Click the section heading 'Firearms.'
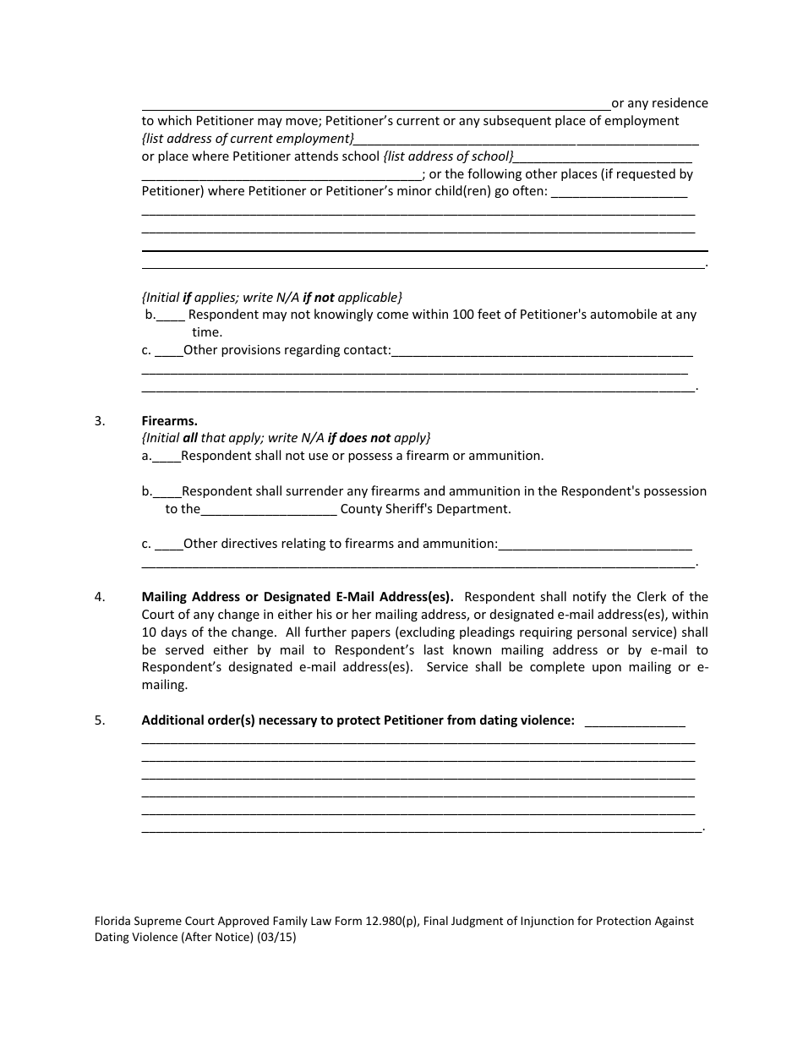(x=169, y=420)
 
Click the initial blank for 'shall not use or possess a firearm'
(x=167, y=457)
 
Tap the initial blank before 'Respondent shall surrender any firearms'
(x=167, y=492)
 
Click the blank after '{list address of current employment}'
(x=527, y=140)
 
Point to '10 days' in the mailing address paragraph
(x=164, y=632)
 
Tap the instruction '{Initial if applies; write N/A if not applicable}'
(x=271, y=298)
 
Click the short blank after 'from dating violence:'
(x=635, y=722)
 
